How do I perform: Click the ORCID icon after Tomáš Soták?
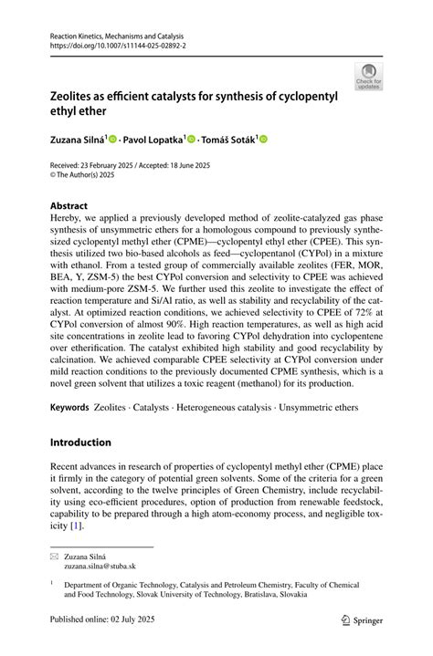coord(265,140)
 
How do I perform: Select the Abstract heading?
coord(69,207)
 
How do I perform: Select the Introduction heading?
coord(81,443)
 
